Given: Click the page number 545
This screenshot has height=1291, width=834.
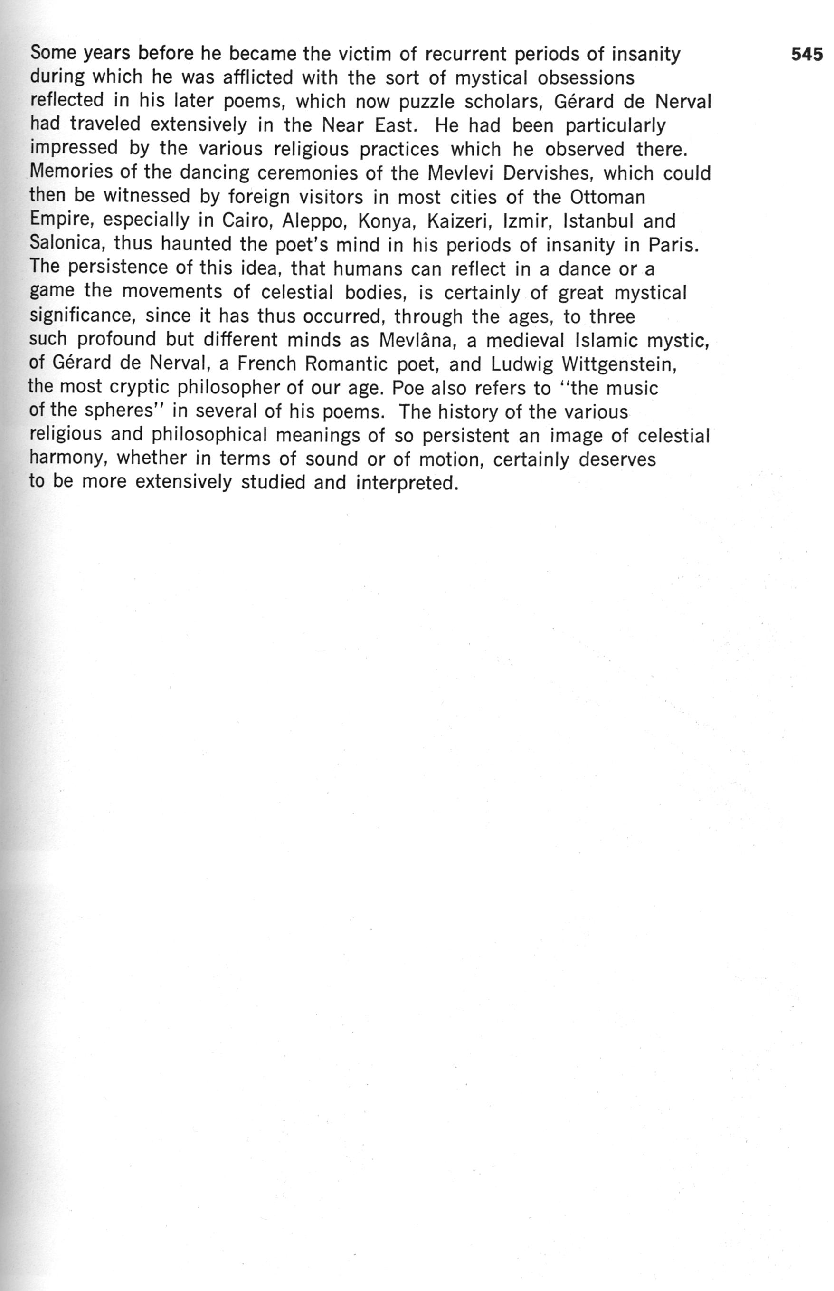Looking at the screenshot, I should click(x=806, y=55).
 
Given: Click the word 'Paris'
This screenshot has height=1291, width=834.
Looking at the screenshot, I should click(x=673, y=245).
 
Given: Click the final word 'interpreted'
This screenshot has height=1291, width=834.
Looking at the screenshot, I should click(x=407, y=483).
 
